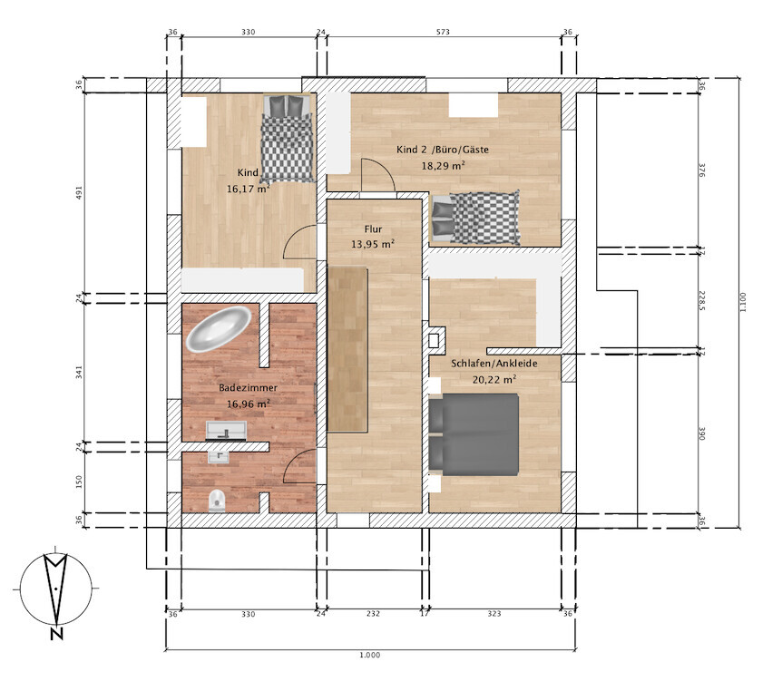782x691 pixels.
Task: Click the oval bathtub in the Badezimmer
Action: tap(219, 328)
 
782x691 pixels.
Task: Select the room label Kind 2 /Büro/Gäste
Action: tap(443, 149)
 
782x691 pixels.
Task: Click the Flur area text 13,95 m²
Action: tap(373, 244)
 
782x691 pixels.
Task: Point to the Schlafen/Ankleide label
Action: tap(494, 364)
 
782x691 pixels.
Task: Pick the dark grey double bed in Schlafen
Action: tap(474, 433)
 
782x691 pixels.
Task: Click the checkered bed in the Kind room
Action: tap(288, 139)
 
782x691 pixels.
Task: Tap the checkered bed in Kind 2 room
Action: tap(475, 218)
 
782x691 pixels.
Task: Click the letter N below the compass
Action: tap(56, 634)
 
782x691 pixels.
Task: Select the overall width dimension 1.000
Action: tap(369, 655)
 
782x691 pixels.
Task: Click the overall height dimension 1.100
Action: tap(743, 302)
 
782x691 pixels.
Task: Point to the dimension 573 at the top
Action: tap(443, 32)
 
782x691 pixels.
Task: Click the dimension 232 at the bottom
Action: tap(373, 614)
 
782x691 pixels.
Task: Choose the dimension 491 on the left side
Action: tap(79, 192)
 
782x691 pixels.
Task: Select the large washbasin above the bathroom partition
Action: tap(226, 430)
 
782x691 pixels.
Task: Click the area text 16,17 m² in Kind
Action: tap(248, 189)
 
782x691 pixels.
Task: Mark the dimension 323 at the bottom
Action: tap(494, 614)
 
